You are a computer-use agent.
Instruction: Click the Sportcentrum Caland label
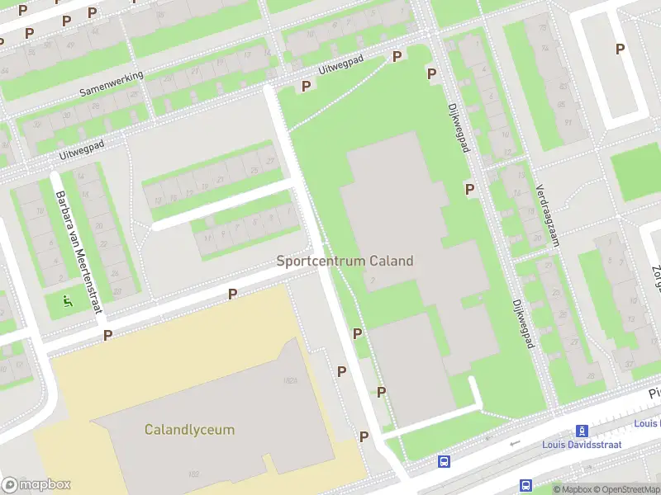point(345,261)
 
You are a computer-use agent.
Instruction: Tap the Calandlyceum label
point(189,430)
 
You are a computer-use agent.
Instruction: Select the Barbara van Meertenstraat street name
point(79,252)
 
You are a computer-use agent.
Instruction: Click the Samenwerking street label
point(112,83)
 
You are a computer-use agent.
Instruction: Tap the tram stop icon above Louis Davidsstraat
point(583,431)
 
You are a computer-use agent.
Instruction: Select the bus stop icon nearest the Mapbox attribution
point(525,485)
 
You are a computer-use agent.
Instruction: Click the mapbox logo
point(36,485)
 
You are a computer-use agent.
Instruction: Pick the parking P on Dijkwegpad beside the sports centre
point(469,189)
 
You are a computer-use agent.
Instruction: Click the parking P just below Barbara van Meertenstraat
point(107,335)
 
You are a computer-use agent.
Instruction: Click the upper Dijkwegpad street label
point(459,128)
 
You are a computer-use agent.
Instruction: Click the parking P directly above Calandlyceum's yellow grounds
point(233,294)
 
